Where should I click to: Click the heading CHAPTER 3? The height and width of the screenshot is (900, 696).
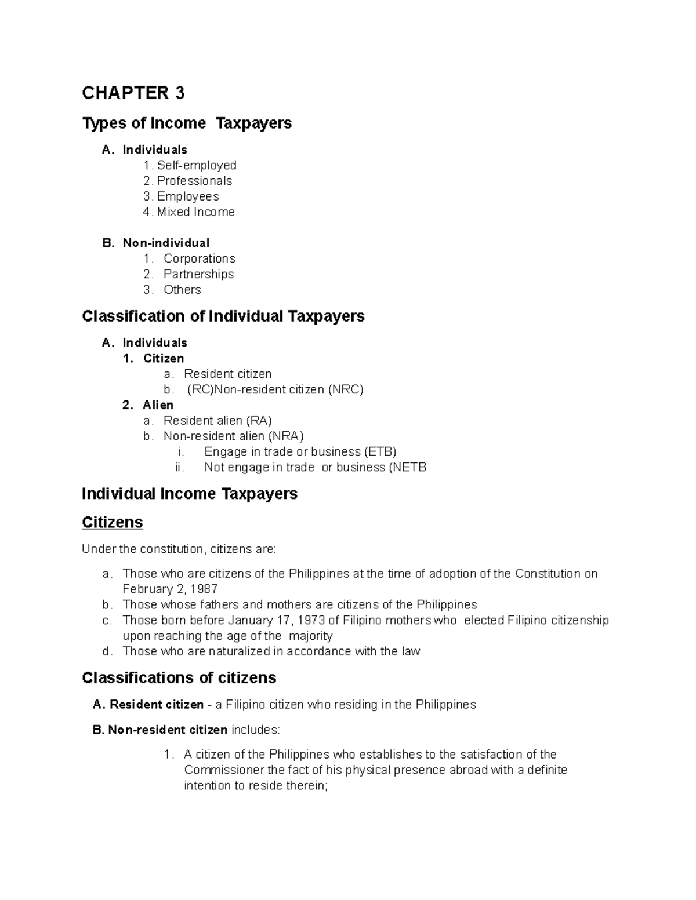pyautogui.click(x=133, y=93)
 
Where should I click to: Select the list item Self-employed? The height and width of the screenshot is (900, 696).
pyautogui.click(x=196, y=165)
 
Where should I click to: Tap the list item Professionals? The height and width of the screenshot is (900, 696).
pyautogui.click(x=194, y=181)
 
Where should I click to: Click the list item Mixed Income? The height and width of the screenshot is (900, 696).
pyautogui.click(x=195, y=212)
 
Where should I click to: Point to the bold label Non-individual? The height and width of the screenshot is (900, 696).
pyautogui.click(x=166, y=243)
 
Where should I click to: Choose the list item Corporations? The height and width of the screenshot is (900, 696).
pyautogui.click(x=199, y=258)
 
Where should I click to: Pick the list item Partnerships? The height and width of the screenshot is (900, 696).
pyautogui.click(x=198, y=274)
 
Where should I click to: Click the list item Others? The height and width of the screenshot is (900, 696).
pyautogui.click(x=182, y=290)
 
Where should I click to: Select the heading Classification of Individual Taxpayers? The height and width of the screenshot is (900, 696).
pyautogui.click(x=223, y=316)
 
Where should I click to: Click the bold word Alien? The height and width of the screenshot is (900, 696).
pyautogui.click(x=158, y=405)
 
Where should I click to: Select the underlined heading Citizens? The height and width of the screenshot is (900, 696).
pyautogui.click(x=112, y=523)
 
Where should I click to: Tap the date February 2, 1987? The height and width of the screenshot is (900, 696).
pyautogui.click(x=170, y=589)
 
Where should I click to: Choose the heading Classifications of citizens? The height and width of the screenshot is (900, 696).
pyautogui.click(x=179, y=678)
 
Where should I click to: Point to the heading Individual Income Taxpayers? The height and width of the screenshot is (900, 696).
pyautogui.click(x=189, y=494)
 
